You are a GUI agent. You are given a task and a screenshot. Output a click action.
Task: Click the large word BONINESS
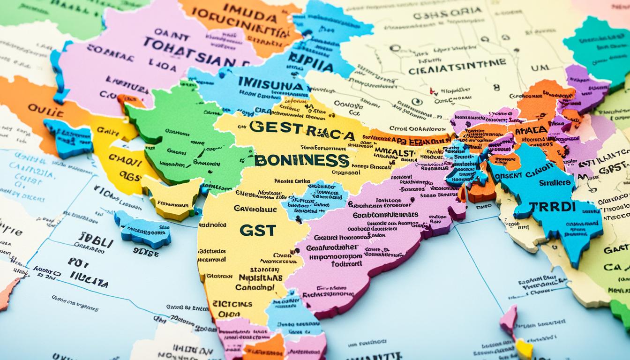click(302, 160)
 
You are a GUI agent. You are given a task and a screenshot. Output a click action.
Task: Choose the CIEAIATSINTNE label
click(457, 65)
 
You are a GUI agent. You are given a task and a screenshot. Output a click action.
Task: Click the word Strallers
click(555, 183)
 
